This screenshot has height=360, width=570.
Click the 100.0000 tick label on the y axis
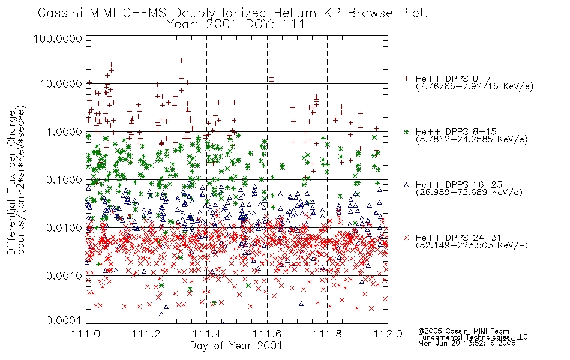[58, 38]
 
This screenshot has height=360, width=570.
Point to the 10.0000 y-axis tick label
[61, 84]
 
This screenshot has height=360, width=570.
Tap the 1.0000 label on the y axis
[64, 131]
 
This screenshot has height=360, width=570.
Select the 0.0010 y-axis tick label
[64, 275]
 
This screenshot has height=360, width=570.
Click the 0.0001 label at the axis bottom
[64, 320]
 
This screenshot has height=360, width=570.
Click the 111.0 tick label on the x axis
[86, 334]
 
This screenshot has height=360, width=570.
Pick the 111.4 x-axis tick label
[206, 334]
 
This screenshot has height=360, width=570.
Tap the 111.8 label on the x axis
[327, 334]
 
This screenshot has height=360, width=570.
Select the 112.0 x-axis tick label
[388, 334]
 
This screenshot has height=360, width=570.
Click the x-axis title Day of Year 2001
[236, 346]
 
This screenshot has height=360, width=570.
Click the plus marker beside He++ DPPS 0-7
[406, 79]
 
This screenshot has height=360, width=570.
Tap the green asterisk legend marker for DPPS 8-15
[406, 131]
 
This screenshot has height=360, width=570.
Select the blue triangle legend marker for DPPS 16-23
[406, 185]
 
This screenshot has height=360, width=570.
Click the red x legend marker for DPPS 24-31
[406, 238]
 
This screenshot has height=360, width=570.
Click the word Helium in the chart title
[295, 13]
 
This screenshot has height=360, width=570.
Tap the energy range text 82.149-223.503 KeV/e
[472, 245]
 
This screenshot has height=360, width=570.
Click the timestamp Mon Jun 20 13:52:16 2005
[467, 343]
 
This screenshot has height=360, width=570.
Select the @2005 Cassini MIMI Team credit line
[463, 331]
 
